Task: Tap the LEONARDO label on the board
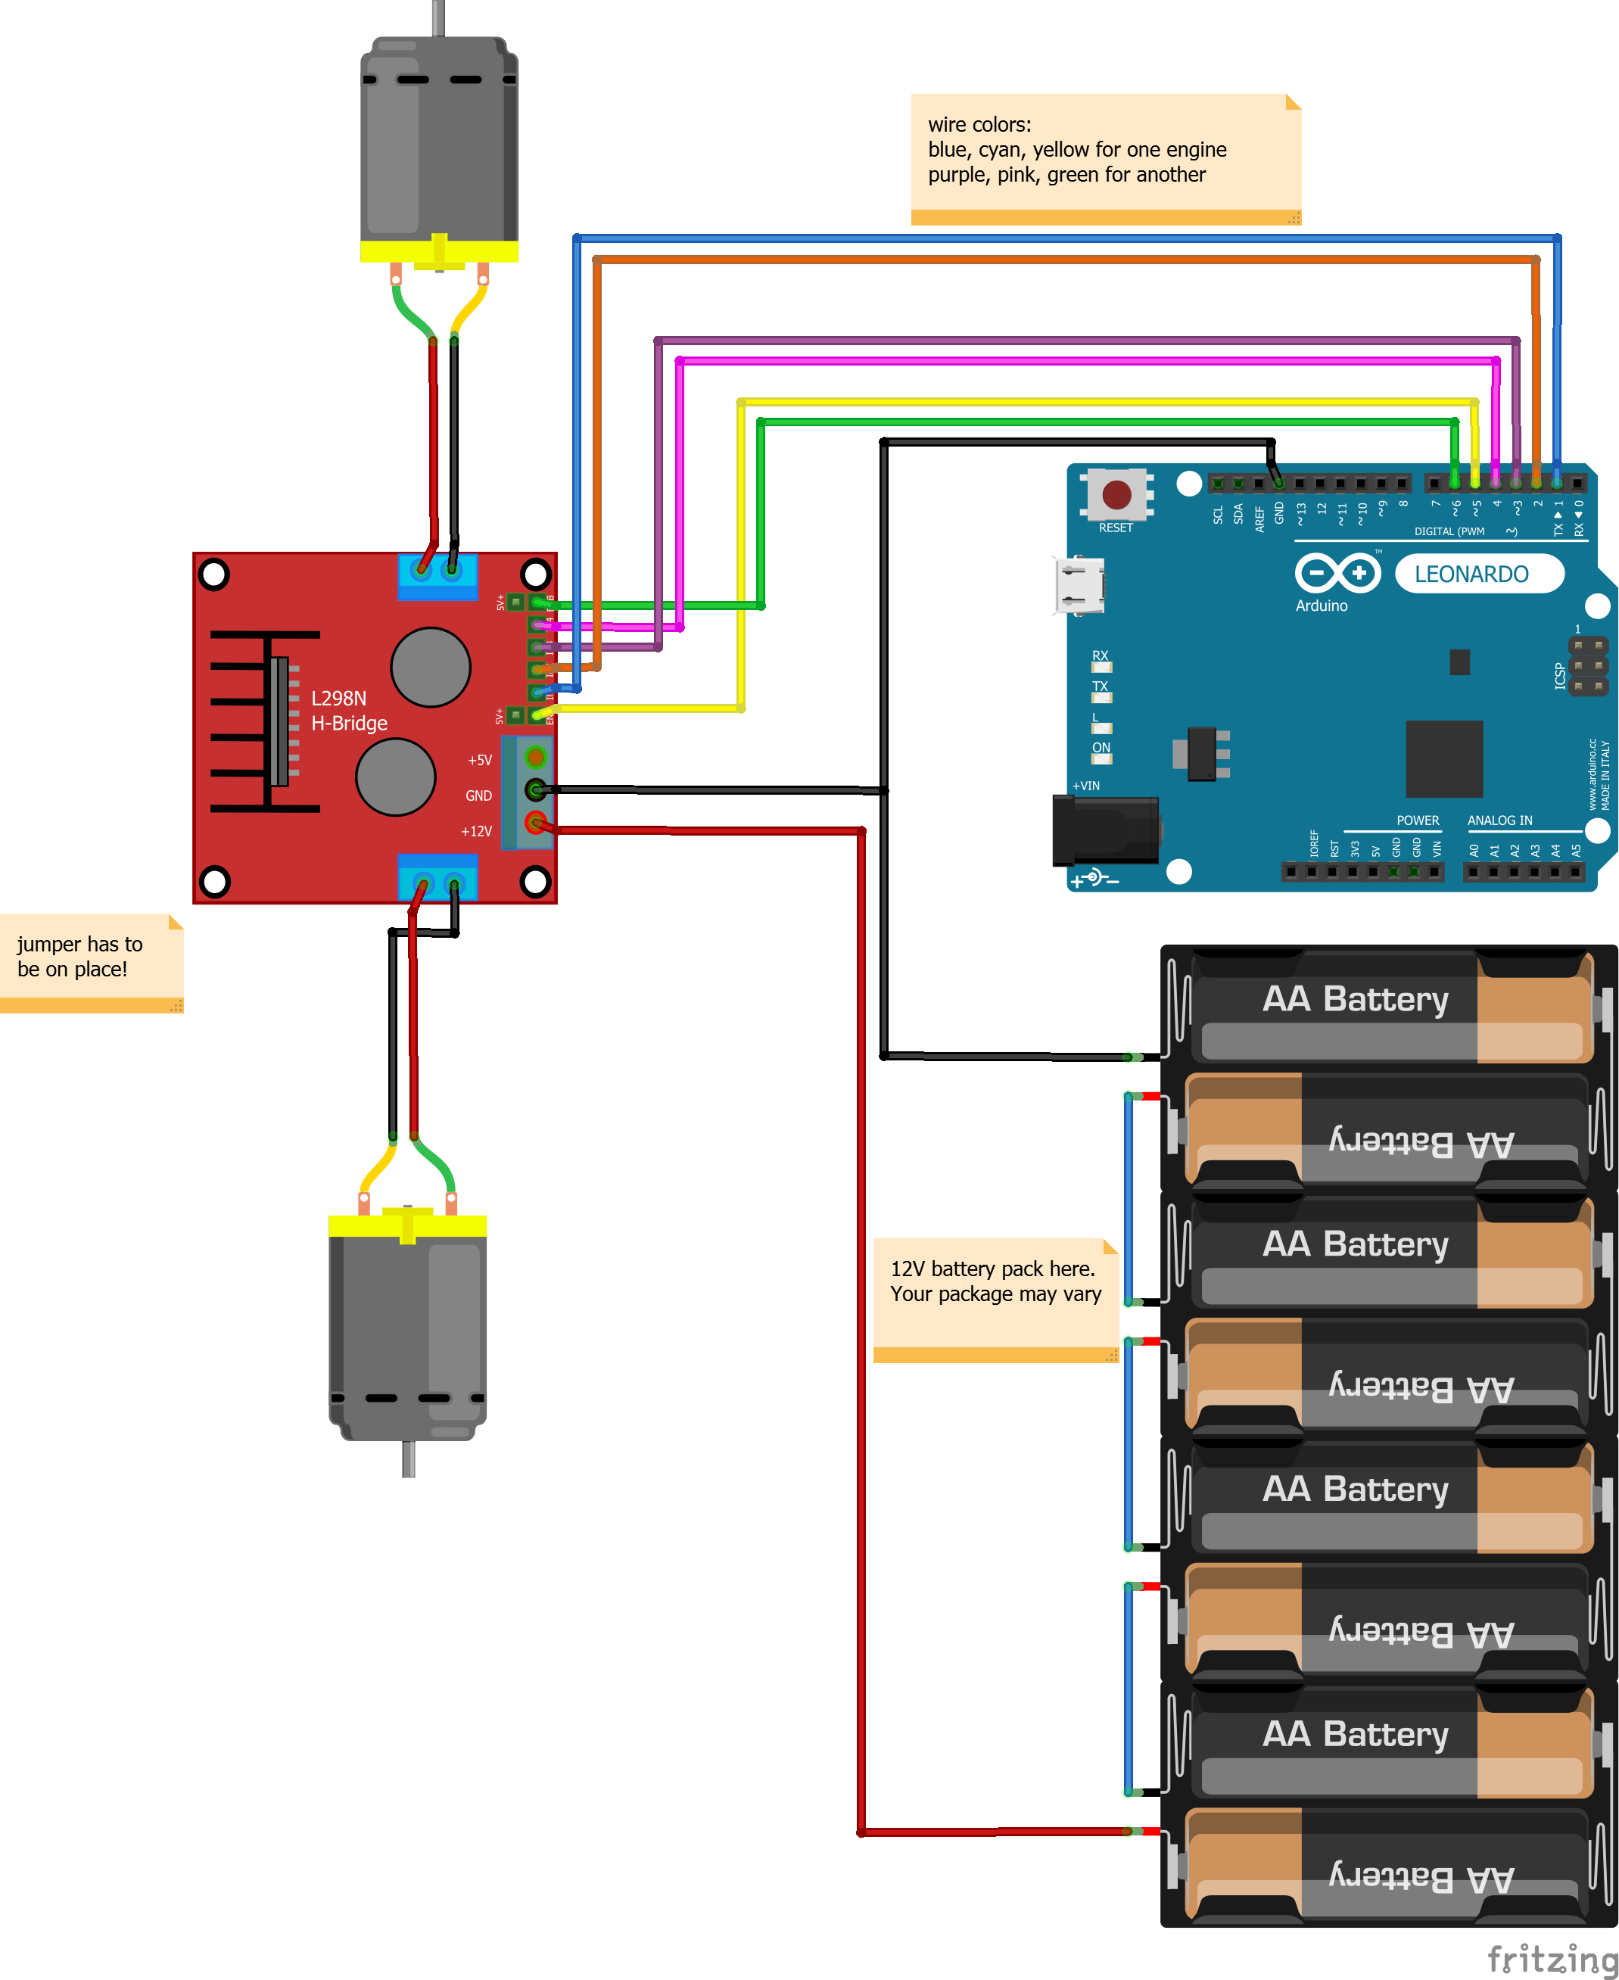coord(1471,574)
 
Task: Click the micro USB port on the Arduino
coord(1080,586)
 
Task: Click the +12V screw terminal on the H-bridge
coord(535,823)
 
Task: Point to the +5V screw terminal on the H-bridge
coord(535,756)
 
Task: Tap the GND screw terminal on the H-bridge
coord(535,790)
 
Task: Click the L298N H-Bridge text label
coord(348,711)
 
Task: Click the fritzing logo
coord(1551,1957)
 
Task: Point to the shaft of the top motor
coord(438,17)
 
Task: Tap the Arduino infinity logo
coord(1337,573)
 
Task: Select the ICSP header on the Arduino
coord(1588,666)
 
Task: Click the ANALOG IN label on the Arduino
coord(1499,820)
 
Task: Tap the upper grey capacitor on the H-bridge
coord(430,667)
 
